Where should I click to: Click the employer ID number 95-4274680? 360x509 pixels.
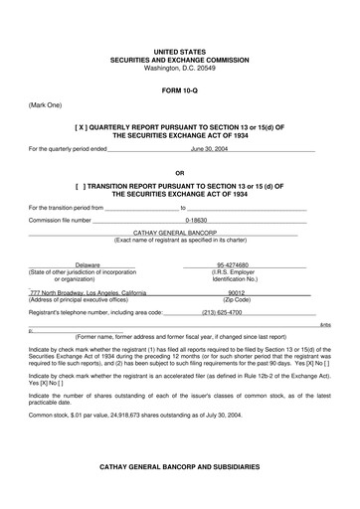(x=234, y=264)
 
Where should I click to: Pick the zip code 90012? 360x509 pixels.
(x=236, y=293)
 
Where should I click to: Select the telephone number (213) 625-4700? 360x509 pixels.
(x=222, y=312)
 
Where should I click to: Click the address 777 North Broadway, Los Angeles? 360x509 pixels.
(x=89, y=293)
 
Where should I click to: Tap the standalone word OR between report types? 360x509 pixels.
(x=179, y=171)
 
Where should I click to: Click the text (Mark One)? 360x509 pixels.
(x=45, y=103)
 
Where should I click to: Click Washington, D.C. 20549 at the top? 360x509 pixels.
(x=179, y=68)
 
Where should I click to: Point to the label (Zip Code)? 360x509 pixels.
(x=236, y=300)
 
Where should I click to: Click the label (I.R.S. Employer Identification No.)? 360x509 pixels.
(x=234, y=275)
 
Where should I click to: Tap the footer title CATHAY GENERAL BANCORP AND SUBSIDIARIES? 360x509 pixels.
(x=179, y=466)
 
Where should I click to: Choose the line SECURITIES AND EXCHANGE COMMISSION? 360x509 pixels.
(x=179, y=60)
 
